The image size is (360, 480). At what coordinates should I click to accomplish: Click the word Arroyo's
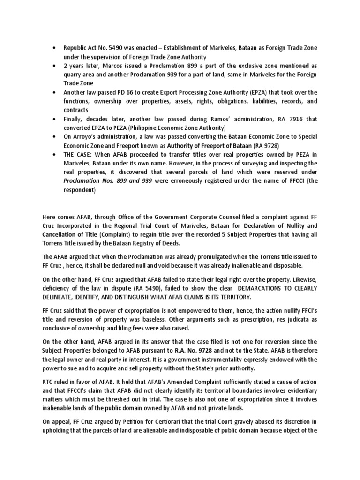point(87,136)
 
